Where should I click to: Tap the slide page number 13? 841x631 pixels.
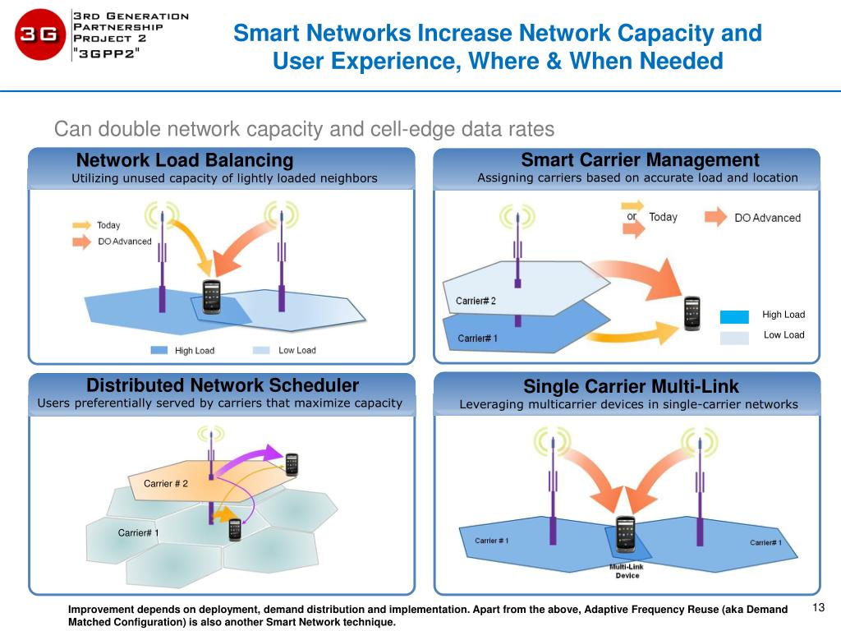817,608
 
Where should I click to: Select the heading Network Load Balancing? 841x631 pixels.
184,159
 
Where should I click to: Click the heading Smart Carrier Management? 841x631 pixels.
640,159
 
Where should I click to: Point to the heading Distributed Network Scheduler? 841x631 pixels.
223,385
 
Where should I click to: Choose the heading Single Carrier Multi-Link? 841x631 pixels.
631,386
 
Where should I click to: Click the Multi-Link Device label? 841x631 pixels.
627,571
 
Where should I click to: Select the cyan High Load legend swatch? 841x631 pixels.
734,317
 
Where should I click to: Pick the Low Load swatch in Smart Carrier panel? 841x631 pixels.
734,337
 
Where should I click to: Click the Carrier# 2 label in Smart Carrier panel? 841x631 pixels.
476,301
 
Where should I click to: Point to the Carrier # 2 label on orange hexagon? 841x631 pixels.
166,483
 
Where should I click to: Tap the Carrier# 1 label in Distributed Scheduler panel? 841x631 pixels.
139,533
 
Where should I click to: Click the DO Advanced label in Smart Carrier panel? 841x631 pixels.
767,218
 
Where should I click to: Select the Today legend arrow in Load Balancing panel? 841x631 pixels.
81,225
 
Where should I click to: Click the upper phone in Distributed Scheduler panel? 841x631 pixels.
292,464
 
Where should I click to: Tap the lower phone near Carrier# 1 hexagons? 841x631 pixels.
235,529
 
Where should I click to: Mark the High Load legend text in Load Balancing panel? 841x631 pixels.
195,351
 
